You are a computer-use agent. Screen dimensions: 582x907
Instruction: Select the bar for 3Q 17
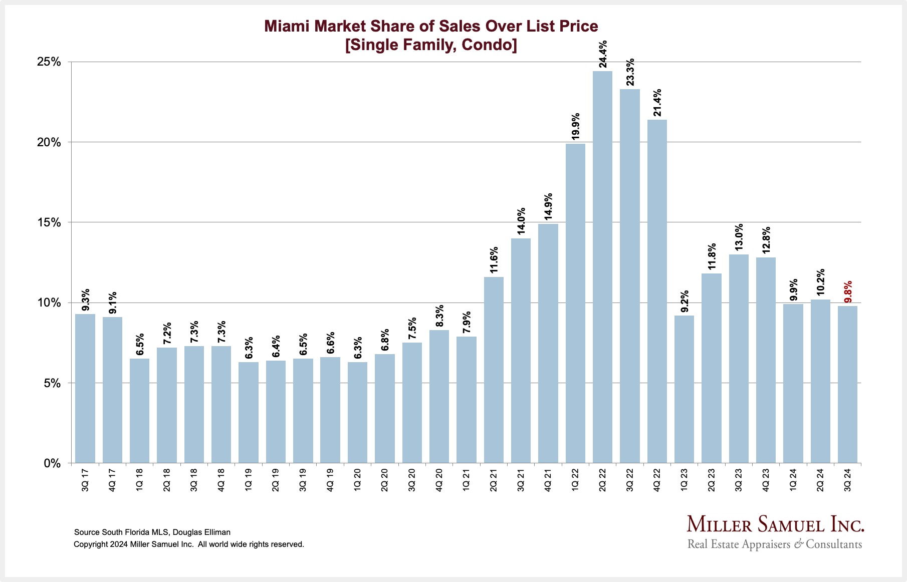(85, 388)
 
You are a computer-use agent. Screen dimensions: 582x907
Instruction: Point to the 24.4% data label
(603, 54)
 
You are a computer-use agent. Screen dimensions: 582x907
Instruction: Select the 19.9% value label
(575, 126)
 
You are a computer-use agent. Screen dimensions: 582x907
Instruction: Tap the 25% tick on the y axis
(49, 62)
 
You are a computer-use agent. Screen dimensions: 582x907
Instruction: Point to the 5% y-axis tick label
(52, 383)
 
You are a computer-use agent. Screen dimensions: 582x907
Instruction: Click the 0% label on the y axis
(52, 463)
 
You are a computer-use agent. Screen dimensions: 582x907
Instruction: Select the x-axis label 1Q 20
(357, 480)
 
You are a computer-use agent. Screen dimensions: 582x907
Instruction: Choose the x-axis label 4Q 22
(657, 480)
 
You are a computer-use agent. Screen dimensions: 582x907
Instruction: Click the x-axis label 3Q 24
(847, 480)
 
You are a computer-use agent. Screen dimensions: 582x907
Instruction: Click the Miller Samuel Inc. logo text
(775, 524)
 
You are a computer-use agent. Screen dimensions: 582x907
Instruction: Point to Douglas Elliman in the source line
(201, 532)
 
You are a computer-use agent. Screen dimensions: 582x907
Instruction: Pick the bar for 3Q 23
(739, 359)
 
